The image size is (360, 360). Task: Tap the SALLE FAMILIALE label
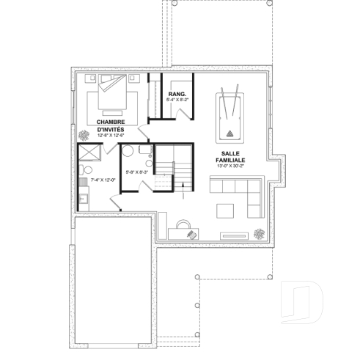click(x=229, y=158)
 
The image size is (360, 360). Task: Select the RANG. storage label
click(x=176, y=95)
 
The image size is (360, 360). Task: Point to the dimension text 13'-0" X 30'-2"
click(x=229, y=166)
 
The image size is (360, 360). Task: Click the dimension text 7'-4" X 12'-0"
click(x=103, y=179)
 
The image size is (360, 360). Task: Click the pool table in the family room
click(x=229, y=117)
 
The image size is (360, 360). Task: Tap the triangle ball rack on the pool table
click(x=229, y=133)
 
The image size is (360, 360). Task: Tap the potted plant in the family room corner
click(x=260, y=234)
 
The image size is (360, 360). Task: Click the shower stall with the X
click(x=92, y=155)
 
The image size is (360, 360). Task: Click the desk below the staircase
click(x=183, y=232)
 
